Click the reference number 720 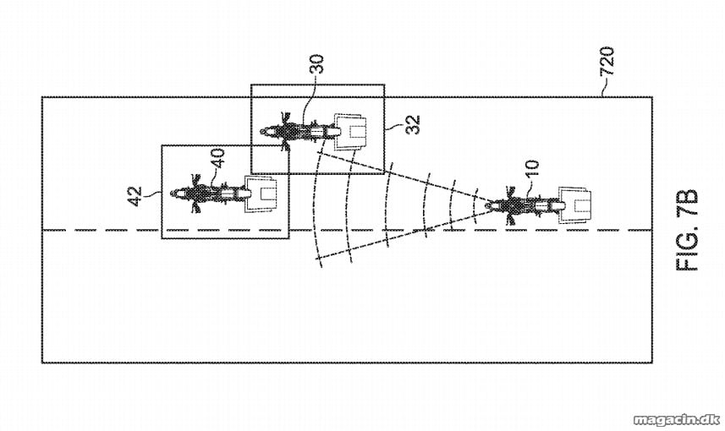point(607,61)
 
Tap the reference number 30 point(317,65)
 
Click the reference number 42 point(135,196)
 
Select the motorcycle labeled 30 point(299,132)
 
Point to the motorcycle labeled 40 point(208,194)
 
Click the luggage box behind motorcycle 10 point(575,205)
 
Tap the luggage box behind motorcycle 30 point(350,132)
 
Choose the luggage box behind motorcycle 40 point(261,194)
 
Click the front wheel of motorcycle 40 point(176,194)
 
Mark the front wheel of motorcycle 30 point(266,132)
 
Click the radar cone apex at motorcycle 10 point(491,204)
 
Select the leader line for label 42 point(153,195)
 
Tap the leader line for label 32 point(393,126)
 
